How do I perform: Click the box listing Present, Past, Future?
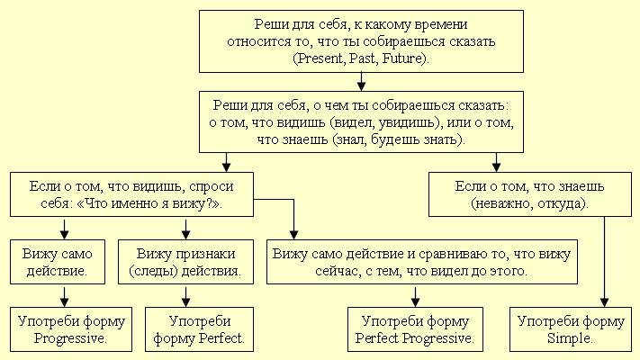pos(360,42)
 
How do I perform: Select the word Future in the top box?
pos(408,58)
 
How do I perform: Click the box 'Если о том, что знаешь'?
pos(528,194)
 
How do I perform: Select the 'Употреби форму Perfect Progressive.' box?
pos(415,328)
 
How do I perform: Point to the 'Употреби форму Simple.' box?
pos(571,328)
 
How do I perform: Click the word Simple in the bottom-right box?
pos(571,338)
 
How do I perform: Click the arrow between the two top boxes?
pos(360,81)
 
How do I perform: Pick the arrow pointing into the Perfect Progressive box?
pos(415,297)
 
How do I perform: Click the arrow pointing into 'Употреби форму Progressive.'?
pos(66,297)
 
